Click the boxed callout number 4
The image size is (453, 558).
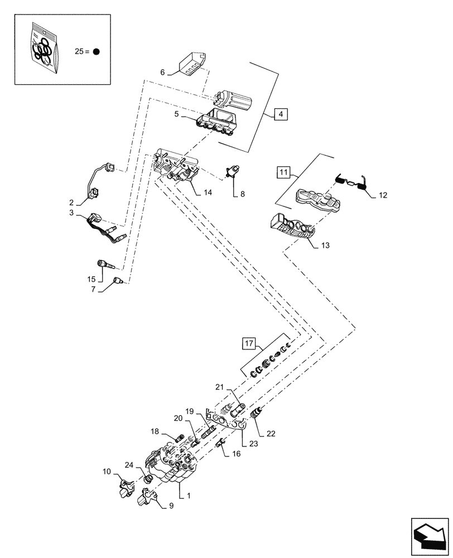click(281, 115)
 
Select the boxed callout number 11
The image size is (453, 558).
click(283, 172)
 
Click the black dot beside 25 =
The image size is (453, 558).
click(96, 51)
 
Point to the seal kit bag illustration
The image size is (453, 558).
click(44, 49)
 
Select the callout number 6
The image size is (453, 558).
click(163, 72)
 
